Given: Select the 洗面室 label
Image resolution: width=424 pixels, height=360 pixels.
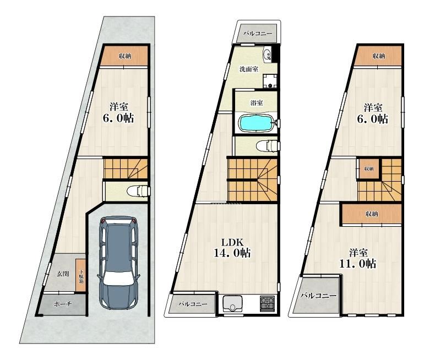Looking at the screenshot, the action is pyautogui.click(x=248, y=69).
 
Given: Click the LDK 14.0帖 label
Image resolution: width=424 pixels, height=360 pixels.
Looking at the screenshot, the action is pyautogui.click(x=232, y=248).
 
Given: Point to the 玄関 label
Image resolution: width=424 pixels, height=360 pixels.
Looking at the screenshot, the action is pyautogui.click(x=63, y=274).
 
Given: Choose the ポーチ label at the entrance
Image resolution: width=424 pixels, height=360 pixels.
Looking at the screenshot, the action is pyautogui.click(x=62, y=304).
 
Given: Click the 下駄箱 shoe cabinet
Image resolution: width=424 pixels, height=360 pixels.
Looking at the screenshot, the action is pyautogui.click(x=80, y=276).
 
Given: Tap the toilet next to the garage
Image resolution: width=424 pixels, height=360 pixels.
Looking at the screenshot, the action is pyautogui.click(x=138, y=191).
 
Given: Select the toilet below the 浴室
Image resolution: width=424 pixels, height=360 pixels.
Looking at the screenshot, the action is pyautogui.click(x=267, y=146).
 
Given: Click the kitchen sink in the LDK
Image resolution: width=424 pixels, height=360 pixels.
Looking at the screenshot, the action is pyautogui.click(x=232, y=304).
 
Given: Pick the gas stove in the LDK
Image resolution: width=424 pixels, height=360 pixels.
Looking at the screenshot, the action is pyautogui.click(x=267, y=303).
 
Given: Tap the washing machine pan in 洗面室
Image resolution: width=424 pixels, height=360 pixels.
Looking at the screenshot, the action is pyautogui.click(x=270, y=81).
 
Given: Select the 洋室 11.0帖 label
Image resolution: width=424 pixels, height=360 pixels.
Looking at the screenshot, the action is pyautogui.click(x=358, y=258).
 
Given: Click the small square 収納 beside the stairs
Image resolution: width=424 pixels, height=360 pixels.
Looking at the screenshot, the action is pyautogui.click(x=369, y=169).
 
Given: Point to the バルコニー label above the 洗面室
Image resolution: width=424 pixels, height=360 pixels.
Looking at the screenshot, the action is pyautogui.click(x=258, y=34).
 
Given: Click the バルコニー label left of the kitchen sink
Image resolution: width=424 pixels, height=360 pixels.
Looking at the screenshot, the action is pyautogui.click(x=193, y=304).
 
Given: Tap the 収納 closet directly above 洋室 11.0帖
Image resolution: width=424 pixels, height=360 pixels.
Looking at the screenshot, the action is pyautogui.click(x=372, y=214).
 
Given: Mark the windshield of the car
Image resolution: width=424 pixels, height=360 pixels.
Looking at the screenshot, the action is pyautogui.click(x=118, y=279).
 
